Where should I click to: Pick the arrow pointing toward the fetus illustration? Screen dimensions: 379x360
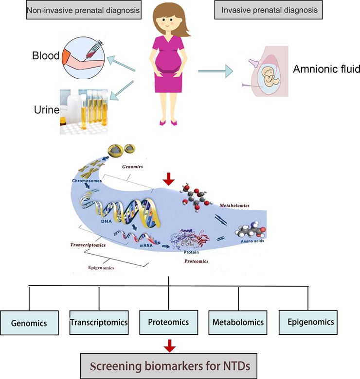pos(216,71)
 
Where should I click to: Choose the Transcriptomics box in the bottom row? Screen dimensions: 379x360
pos(99,323)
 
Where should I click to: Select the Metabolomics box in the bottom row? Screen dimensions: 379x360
pos(238,323)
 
